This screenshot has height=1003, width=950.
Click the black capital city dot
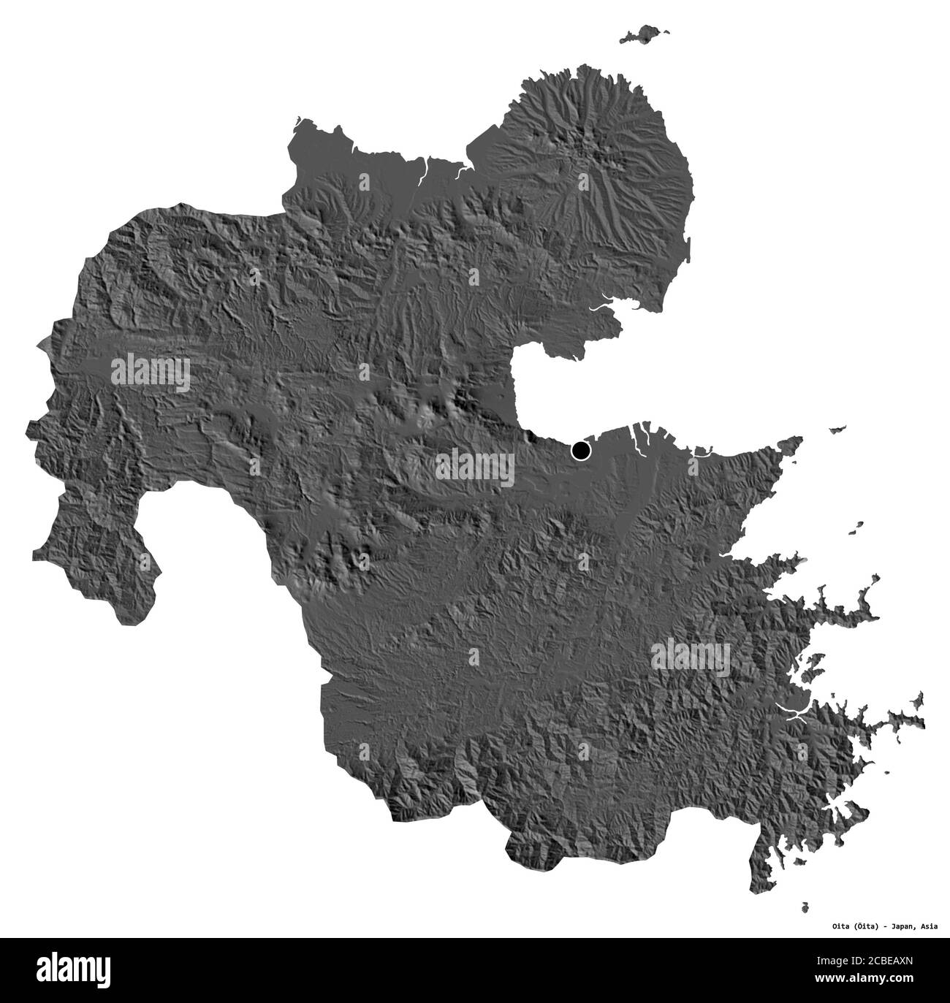point(581,451)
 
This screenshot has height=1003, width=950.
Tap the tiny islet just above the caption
point(805,907)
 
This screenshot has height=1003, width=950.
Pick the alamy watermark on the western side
point(151,373)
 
